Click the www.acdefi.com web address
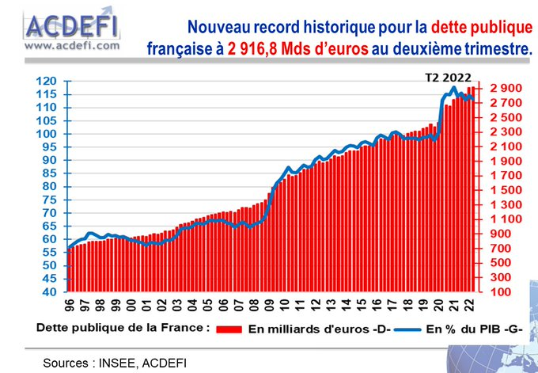[x=72, y=45]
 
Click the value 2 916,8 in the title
[x=255, y=48]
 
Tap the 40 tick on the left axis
[x=50, y=292]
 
